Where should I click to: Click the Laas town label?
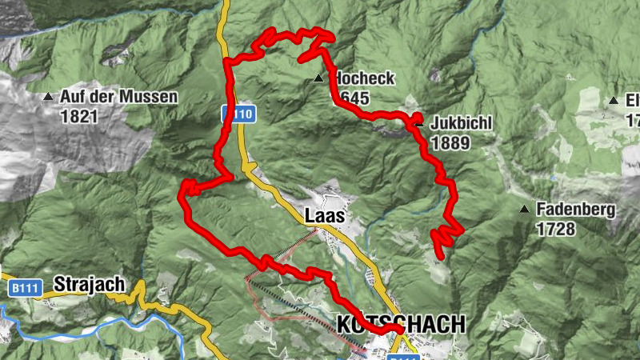coord(325,216)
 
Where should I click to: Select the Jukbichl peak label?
coord(460,124)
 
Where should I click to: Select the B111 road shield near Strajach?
coord(26,287)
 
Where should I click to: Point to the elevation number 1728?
coord(557,230)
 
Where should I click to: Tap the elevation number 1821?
coord(78,116)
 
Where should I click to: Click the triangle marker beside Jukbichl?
coord(418,123)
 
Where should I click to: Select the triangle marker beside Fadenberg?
coord(524,210)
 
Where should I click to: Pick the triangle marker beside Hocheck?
coord(319,78)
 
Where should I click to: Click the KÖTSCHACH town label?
coord(401,324)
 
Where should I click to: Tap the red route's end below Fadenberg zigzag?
coord(440,256)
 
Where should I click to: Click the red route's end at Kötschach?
coord(400,330)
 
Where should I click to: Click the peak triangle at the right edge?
coord(613,100)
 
